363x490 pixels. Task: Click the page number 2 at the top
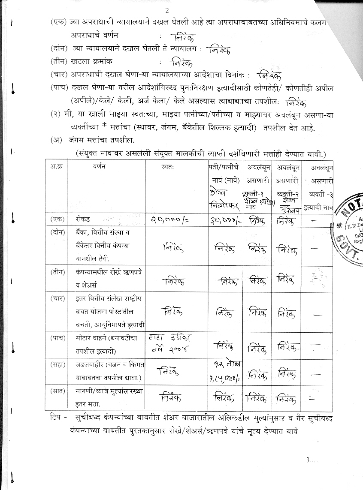click(x=167, y=10)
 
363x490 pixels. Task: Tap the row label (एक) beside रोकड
click(x=57, y=219)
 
